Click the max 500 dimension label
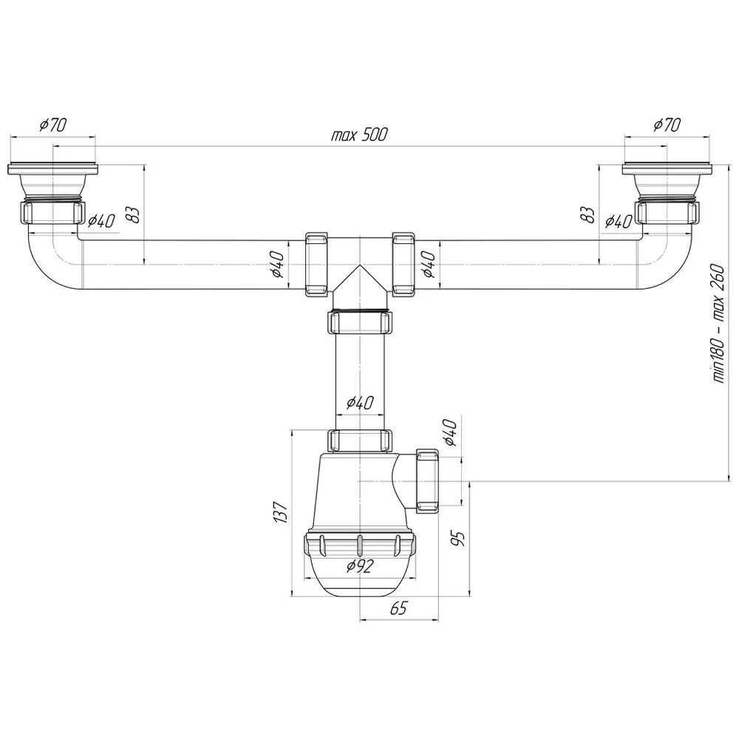(359, 134)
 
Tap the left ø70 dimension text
(52, 125)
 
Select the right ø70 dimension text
(667, 125)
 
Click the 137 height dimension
(280, 512)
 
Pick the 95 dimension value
(457, 538)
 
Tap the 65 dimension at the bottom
(398, 608)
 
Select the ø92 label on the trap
(360, 565)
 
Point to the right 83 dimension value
(588, 215)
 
